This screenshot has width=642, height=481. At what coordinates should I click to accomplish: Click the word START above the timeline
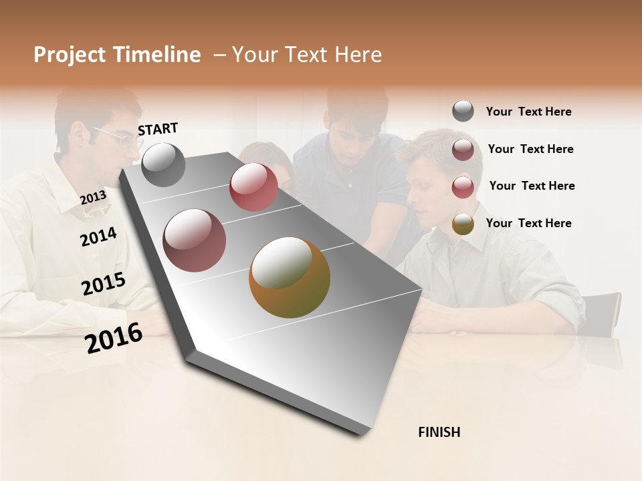coord(158,129)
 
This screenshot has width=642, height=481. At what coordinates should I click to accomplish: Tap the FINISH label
coord(439,432)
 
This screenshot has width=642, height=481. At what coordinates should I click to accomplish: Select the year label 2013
coord(93,198)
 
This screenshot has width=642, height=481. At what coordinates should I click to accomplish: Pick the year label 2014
coord(98,236)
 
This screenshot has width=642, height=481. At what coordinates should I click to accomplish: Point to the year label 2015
coord(104,284)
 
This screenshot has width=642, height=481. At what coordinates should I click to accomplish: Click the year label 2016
coord(114,337)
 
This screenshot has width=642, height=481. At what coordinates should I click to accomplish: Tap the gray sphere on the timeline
coord(163,165)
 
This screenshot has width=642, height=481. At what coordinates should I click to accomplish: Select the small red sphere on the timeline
coord(253,187)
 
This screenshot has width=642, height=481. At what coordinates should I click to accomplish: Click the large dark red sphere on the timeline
coord(195,240)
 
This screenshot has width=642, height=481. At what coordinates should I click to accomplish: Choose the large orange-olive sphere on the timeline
coord(290,277)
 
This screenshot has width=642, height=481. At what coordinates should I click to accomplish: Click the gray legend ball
coord(463,112)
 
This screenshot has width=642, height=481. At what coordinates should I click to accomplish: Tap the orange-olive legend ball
coord(463,224)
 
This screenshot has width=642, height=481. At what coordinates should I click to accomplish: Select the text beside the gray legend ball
coord(528,112)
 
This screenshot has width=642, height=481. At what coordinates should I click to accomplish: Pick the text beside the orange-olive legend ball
coord(528,223)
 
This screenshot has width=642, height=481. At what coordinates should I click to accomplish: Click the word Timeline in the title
coord(156,55)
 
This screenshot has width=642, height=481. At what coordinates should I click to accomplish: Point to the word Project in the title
coord(70,55)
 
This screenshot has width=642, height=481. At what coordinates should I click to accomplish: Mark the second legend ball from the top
coord(463,150)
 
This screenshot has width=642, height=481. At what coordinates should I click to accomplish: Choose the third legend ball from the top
coord(463,187)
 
